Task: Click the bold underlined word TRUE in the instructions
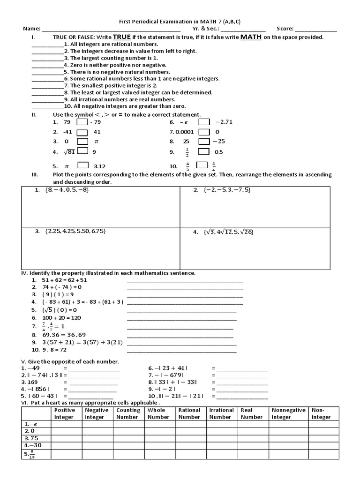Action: tap(122, 37)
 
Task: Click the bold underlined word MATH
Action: tap(250, 37)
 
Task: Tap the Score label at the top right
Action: tap(285, 29)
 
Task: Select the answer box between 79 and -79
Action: tap(82, 123)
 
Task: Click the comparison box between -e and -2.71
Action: tap(204, 123)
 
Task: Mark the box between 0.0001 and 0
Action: tap(204, 132)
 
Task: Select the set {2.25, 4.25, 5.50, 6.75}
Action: tap(75, 231)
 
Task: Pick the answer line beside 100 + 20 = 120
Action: tap(181, 318)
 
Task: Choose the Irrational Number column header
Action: tap(221, 413)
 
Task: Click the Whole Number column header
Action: tap(158, 413)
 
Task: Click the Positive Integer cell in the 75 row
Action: tap(67, 438)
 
